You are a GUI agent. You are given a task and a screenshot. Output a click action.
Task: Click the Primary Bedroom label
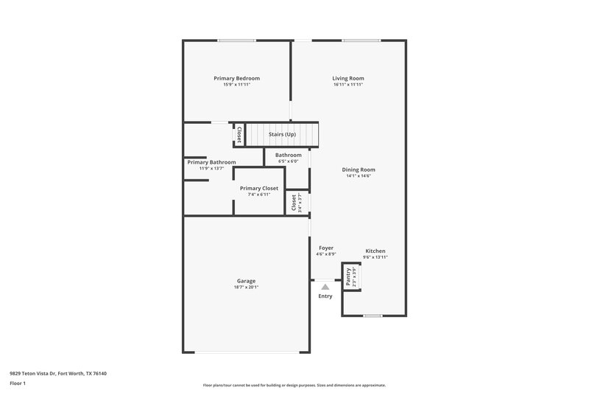pos(236,78)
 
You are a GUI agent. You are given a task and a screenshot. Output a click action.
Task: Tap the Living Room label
pos(348,78)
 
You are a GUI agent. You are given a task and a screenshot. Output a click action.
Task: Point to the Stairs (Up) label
pos(282,134)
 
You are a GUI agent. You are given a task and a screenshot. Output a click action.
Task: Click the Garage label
pos(246,281)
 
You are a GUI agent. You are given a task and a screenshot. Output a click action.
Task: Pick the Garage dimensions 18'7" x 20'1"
pos(246,287)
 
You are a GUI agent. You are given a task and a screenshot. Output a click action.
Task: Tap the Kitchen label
pos(375,251)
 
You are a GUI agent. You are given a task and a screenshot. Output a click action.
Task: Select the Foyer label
pos(325,248)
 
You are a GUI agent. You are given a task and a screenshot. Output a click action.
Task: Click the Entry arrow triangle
pos(325,285)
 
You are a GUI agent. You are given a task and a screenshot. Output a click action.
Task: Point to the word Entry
pos(325,296)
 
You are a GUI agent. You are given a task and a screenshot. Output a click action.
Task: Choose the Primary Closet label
pos(259,188)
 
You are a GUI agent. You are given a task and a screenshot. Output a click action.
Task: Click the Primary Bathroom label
pos(211,162)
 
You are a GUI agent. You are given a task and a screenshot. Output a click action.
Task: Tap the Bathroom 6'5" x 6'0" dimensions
pos(288,161)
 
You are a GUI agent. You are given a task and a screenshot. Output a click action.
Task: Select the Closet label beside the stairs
pos(239,135)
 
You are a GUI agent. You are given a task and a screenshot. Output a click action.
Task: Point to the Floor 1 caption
pos(18,384)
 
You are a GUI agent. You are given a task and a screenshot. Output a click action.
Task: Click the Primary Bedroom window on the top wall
pos(236,40)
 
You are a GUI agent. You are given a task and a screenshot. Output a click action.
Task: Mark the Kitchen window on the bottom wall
pos(373,316)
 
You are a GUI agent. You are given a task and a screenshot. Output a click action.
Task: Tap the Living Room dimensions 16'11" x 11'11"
pos(348,84)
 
